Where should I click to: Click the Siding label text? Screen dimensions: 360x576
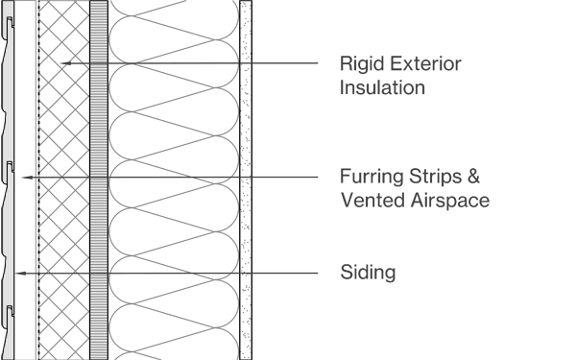[x=369, y=274]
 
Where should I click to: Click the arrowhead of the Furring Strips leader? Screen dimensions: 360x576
[x=25, y=179]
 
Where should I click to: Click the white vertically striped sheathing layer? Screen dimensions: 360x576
[x=98, y=180]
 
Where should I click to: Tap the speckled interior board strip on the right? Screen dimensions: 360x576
[x=246, y=180]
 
